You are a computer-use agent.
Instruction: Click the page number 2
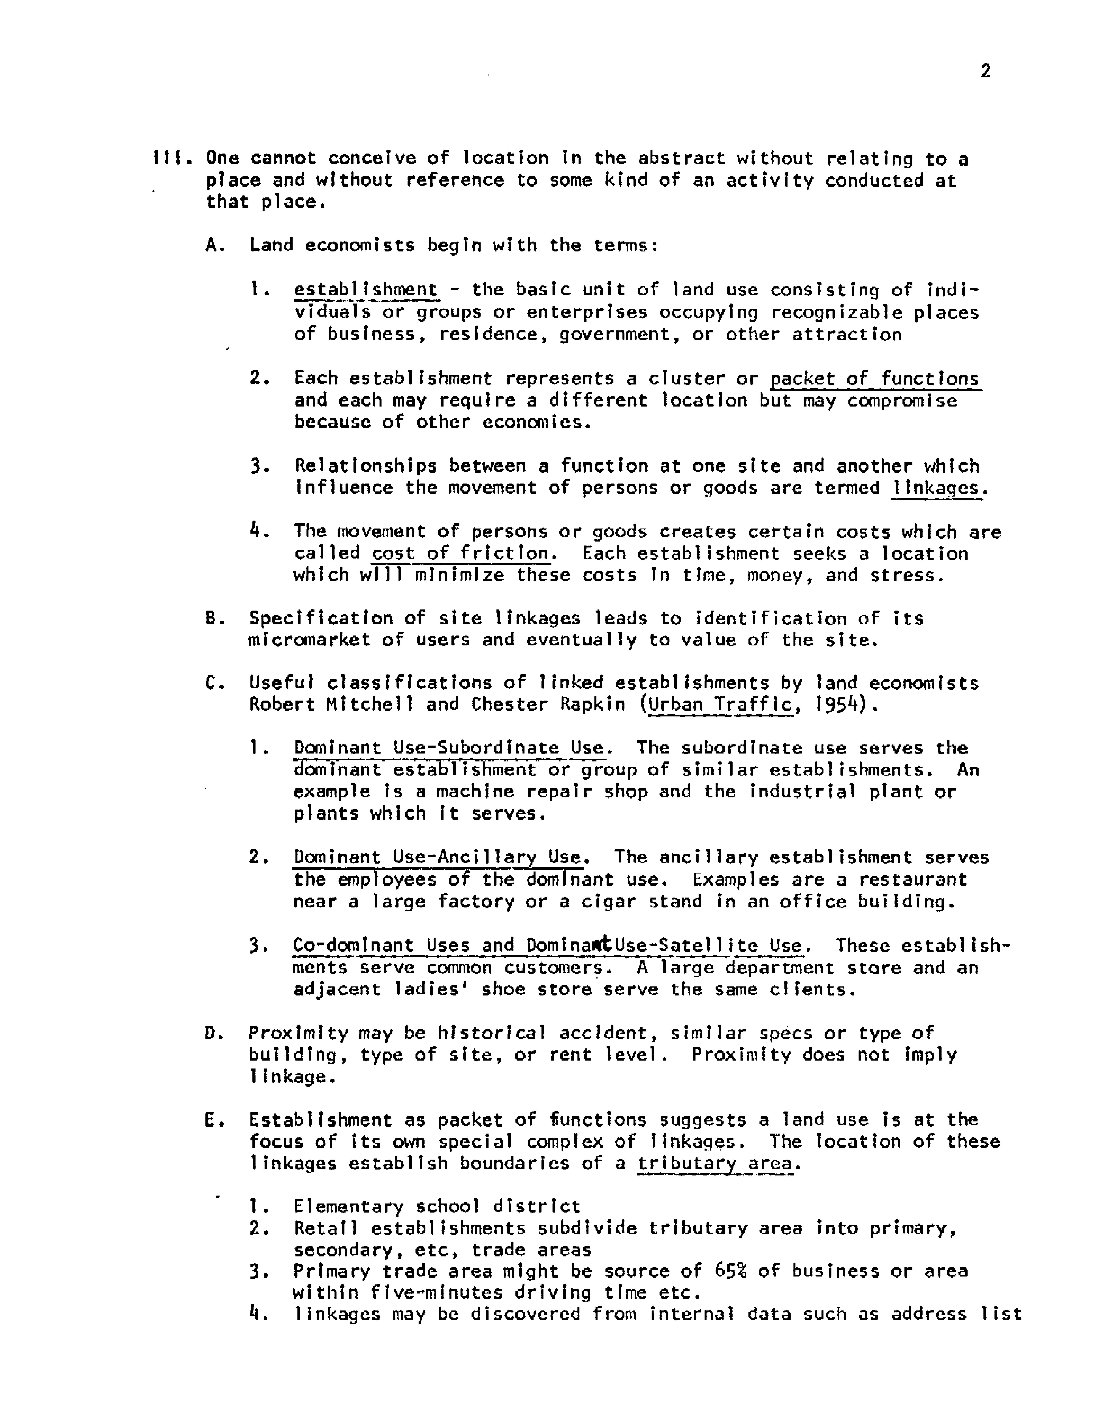[985, 71]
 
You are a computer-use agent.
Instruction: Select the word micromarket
[309, 640]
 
